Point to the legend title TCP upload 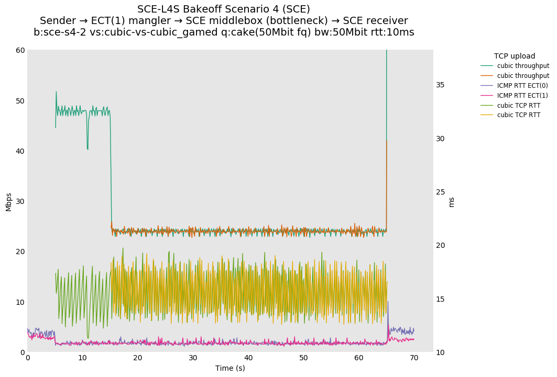tap(515, 56)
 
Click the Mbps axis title tap(8, 202)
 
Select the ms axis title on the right tap(452, 202)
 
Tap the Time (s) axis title tap(230, 368)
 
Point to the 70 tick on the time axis tap(414, 358)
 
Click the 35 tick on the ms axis tap(440, 85)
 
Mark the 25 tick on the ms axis tap(440, 192)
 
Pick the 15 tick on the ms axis tap(440, 299)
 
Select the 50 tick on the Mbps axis tap(19, 101)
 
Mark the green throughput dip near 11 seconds tap(88, 149)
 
